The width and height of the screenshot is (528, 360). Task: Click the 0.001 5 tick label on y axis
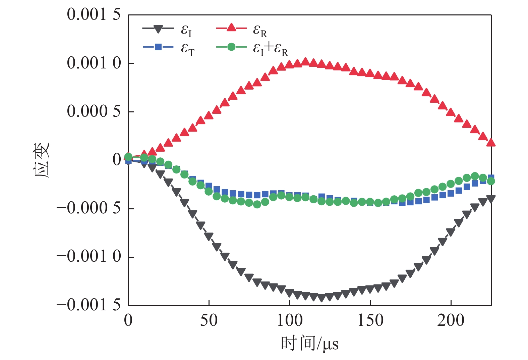(94, 15)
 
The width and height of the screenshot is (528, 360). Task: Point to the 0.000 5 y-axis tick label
(94, 111)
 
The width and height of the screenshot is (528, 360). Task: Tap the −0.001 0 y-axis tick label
(89, 257)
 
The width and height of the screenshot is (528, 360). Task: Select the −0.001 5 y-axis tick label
(89, 305)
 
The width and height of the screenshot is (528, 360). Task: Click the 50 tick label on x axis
(209, 320)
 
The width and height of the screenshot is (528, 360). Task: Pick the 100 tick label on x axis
(290, 320)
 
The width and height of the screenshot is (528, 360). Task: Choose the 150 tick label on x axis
(370, 320)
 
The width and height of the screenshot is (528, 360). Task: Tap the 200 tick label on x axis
(451, 320)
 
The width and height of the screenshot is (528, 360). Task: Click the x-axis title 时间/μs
(309, 344)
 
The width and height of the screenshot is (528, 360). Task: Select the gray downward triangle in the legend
(158, 29)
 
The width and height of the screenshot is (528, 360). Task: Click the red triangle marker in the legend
(231, 28)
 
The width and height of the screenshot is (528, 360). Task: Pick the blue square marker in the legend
(158, 47)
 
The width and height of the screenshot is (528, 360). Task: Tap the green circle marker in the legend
(231, 47)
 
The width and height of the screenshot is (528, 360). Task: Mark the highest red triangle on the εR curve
(305, 61)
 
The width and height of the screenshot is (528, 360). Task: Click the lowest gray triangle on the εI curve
(321, 298)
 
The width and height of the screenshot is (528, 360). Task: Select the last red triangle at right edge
(491, 143)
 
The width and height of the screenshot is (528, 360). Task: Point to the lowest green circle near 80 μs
(257, 204)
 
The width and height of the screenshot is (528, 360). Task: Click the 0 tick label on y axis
(117, 160)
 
